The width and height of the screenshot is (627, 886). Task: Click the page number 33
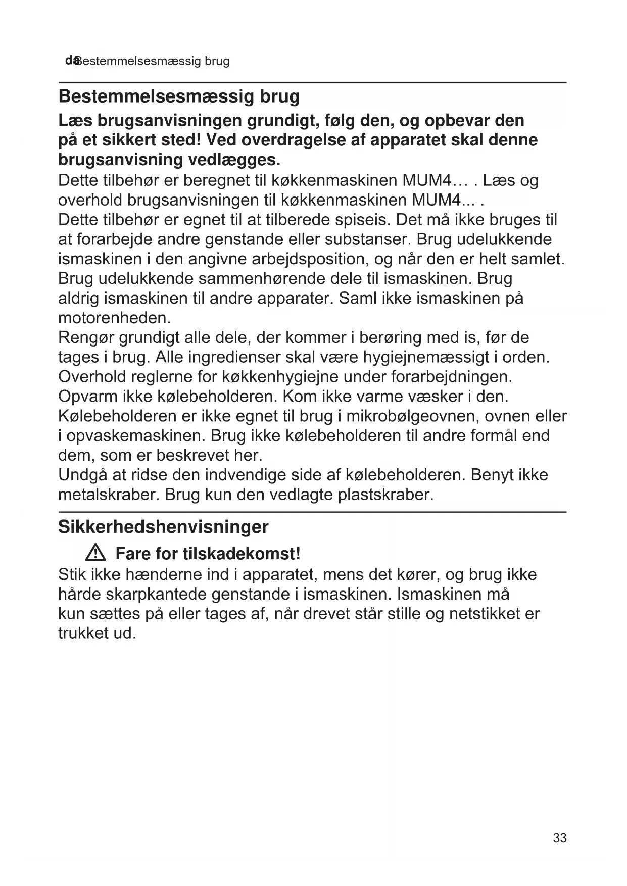click(x=559, y=838)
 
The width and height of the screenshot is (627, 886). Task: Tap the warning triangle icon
click(x=95, y=554)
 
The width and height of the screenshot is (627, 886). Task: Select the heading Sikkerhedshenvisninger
click(x=163, y=527)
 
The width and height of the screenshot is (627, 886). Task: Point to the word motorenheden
click(x=115, y=318)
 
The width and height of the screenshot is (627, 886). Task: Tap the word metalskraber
click(x=109, y=495)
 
